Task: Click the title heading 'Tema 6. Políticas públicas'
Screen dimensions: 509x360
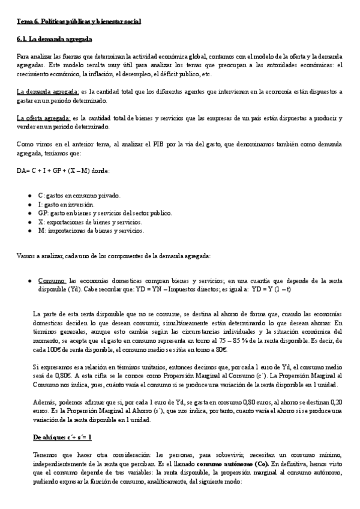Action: point(79,22)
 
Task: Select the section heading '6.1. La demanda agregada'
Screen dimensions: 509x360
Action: point(54,39)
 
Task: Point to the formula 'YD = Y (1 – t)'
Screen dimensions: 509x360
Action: point(271,289)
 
